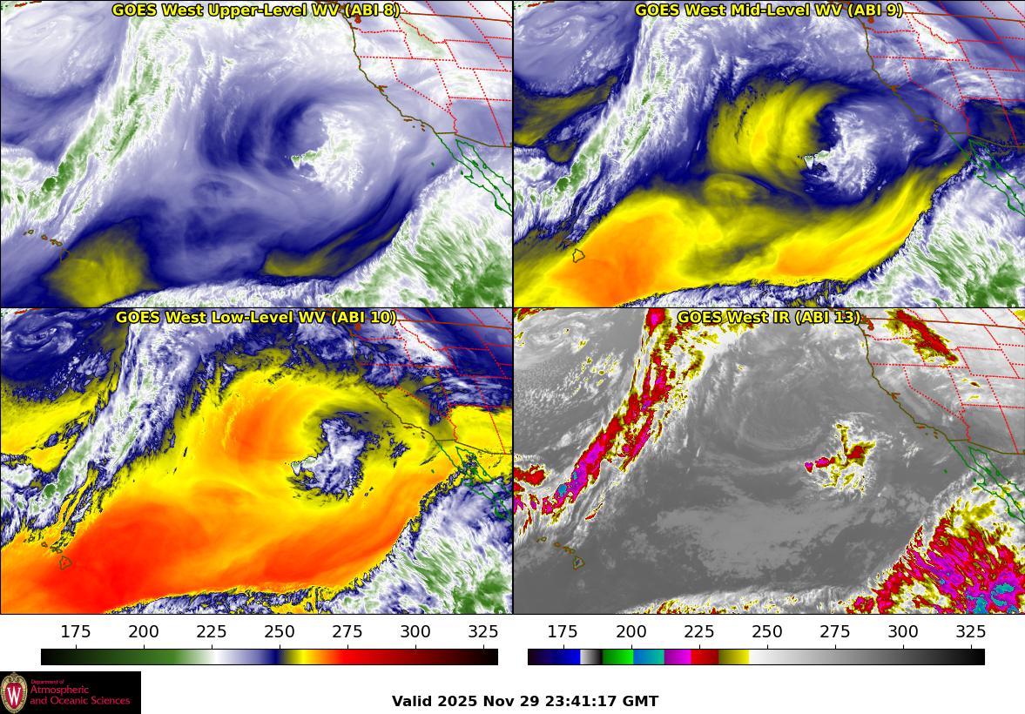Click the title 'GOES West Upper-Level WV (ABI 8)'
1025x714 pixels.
point(256,10)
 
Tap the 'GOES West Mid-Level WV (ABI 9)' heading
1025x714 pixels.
point(769,10)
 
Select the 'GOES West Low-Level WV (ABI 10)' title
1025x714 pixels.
point(256,318)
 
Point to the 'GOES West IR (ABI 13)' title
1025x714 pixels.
point(769,318)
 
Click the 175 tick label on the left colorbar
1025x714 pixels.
point(76,632)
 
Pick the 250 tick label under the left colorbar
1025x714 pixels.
point(280,632)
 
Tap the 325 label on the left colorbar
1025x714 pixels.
point(483,632)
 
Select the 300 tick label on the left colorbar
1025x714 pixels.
point(415,632)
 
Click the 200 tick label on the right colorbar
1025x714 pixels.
point(631,632)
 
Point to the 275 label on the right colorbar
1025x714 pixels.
point(834,632)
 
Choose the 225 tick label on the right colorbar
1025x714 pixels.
point(698,632)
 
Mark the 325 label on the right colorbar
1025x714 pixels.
point(970,632)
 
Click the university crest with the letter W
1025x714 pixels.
point(14,692)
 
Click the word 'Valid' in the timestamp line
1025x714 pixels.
point(411,701)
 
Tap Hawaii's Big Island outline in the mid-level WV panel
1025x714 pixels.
point(577,256)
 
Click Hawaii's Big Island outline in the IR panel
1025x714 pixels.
point(577,563)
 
